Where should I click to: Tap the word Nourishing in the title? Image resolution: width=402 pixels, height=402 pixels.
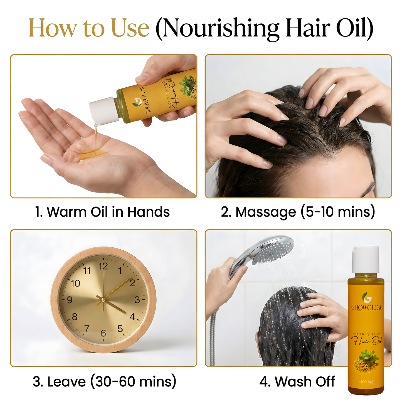221,28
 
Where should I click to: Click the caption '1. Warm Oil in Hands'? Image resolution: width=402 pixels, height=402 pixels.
102,212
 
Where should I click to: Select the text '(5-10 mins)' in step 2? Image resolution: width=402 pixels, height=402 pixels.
338,212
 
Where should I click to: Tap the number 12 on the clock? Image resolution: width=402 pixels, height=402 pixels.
103,266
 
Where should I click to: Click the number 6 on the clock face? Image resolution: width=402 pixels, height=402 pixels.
103,333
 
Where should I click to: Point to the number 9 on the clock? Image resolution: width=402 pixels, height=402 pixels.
70,300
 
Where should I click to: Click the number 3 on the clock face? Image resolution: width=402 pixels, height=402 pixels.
137,300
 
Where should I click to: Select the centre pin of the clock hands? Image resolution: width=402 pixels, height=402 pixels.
103,300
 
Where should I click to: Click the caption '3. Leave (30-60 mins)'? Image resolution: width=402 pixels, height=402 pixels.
104,381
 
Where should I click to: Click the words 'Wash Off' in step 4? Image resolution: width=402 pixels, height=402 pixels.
305,381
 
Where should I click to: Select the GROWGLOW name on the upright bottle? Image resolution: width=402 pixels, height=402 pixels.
366,308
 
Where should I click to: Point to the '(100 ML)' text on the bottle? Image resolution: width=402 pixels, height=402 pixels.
366,382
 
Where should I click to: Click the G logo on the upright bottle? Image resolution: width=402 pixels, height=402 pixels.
367,297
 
